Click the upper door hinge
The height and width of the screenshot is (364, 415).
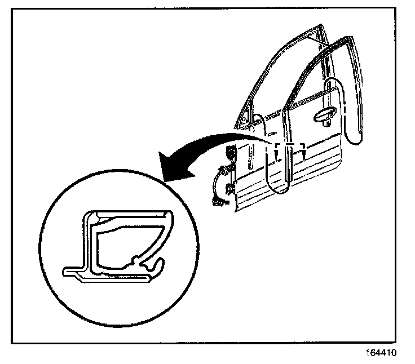[231, 152]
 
